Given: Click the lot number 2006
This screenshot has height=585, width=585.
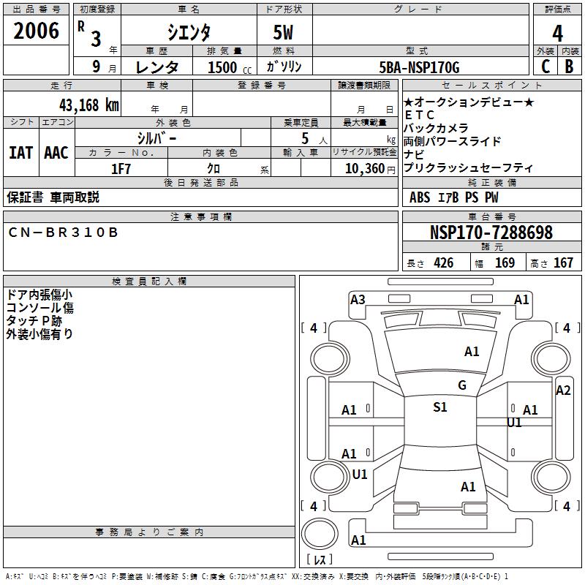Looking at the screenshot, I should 37,31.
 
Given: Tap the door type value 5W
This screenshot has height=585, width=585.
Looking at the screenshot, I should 284,32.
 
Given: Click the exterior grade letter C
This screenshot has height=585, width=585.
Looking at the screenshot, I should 545,67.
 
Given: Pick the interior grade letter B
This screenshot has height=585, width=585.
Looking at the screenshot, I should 570,67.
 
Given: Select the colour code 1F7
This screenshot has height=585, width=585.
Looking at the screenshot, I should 121,168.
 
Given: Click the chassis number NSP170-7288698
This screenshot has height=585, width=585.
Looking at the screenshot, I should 491,233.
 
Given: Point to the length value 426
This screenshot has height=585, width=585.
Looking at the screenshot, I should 443,263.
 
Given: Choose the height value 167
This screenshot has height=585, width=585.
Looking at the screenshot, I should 563,263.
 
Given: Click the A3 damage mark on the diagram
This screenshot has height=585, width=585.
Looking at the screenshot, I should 358,299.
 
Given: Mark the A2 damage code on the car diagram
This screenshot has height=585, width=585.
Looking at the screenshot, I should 562,390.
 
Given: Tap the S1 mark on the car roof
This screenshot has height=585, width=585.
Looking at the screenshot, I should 439,407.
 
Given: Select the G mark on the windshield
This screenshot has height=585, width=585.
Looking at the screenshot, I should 461,385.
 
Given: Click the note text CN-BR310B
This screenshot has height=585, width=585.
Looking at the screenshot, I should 63,232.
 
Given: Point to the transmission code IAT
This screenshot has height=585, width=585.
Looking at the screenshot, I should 20,153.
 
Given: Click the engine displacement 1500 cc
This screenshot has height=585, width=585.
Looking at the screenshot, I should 227,67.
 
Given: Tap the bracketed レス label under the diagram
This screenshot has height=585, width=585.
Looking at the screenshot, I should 319,559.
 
